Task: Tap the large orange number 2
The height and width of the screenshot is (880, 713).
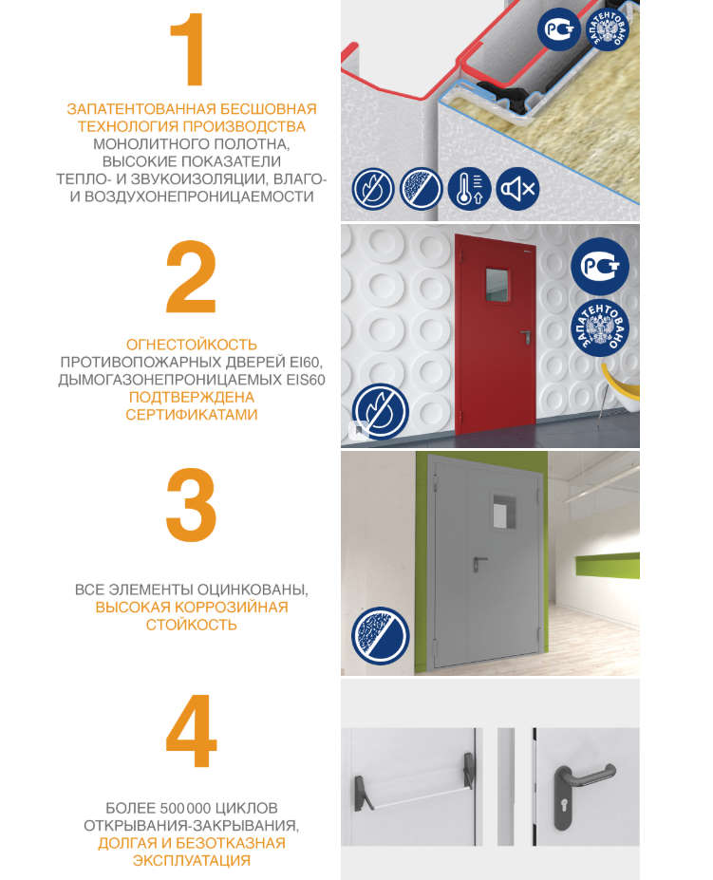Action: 191,276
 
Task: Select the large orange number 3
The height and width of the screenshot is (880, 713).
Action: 191,504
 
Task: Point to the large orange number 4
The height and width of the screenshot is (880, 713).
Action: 191,731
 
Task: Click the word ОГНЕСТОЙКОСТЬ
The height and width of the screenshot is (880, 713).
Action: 192,345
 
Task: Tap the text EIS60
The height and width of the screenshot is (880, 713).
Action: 306,380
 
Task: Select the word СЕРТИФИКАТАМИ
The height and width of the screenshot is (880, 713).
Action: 192,415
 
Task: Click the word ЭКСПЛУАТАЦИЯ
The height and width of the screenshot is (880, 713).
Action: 192,860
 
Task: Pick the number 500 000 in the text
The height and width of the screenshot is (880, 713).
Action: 185,808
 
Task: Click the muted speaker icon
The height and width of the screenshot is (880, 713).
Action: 517,189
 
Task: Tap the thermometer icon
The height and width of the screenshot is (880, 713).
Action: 469,189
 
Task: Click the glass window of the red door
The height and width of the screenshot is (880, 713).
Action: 497,285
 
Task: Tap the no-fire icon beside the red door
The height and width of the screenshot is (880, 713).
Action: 380,411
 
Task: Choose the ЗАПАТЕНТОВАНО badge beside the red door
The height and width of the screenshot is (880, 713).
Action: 600,328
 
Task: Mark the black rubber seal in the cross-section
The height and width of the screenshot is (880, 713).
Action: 502,97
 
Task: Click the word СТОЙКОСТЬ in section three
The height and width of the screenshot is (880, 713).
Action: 192,625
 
